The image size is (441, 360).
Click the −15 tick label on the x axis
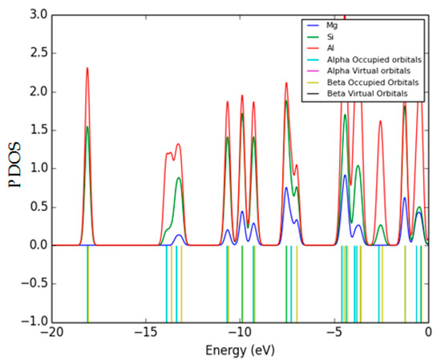click(145, 332)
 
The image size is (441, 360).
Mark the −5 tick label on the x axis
click(334, 332)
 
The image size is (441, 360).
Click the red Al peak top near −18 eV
click(87, 68)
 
